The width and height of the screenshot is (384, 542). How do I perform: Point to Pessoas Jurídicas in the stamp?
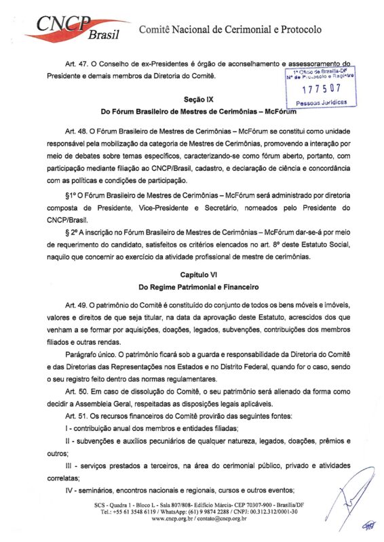(322, 102)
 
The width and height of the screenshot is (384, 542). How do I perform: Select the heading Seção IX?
(193, 99)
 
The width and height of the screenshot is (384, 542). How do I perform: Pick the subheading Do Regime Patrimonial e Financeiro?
(193, 288)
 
